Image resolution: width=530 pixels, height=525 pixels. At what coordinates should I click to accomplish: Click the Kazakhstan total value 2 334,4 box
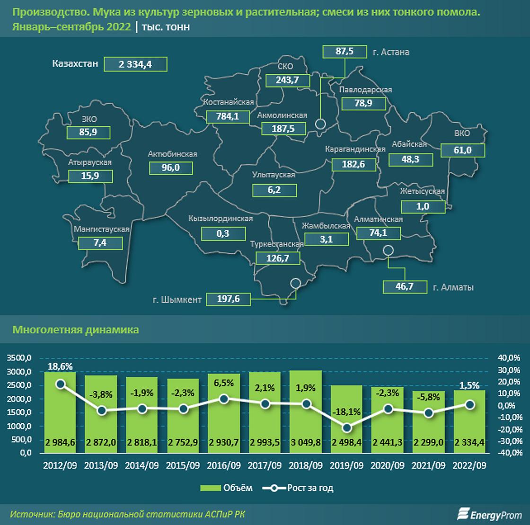tap(135, 64)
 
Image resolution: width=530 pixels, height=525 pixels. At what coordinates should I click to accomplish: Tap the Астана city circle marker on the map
tap(321, 125)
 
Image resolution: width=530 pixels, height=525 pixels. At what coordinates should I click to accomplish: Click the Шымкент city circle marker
tap(296, 283)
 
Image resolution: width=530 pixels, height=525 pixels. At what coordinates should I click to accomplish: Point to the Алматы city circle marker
tap(388, 250)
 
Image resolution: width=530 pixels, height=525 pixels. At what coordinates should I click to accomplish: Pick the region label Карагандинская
tap(355, 149)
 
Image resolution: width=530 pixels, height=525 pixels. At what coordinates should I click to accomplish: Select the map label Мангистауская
tap(101, 229)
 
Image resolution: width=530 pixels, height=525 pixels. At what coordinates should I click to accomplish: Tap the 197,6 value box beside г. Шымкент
tap(228, 299)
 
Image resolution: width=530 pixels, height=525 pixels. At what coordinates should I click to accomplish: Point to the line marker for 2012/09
tap(60, 384)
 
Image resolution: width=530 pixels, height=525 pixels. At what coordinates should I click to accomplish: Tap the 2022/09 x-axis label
tap(469, 465)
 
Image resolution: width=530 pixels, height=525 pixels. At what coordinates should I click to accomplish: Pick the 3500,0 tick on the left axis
tap(19, 358)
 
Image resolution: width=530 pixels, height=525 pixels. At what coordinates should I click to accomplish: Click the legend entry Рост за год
tap(298, 488)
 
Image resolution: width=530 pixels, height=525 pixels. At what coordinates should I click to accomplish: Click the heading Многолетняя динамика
tap(76, 330)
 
